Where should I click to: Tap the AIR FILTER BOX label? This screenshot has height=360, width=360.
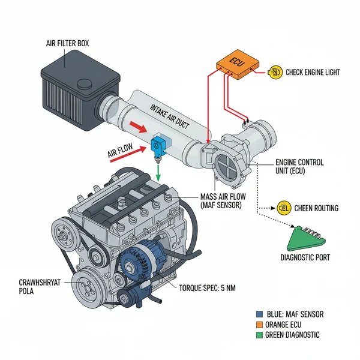(x=68, y=43)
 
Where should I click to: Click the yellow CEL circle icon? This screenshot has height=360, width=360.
(x=285, y=208)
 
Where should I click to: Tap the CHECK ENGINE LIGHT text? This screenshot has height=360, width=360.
(x=313, y=73)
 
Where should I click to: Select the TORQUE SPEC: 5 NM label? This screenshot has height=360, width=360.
(x=208, y=288)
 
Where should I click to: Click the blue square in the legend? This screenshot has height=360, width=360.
(x=259, y=314)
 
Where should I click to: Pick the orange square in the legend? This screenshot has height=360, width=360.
(x=259, y=325)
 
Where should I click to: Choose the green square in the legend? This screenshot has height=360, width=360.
(x=259, y=335)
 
